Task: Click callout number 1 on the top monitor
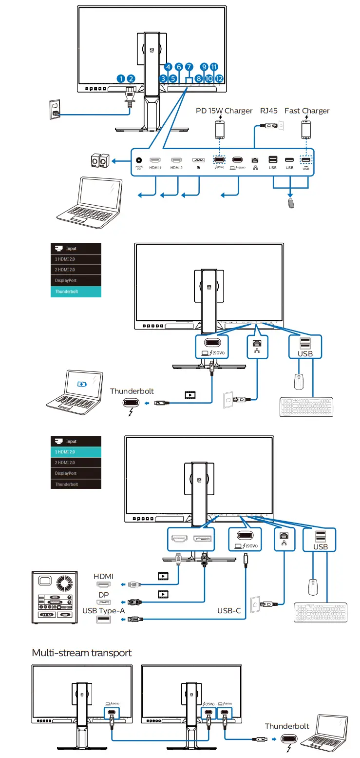coord(121,78)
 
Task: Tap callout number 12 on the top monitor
coord(219,78)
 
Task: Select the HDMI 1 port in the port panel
coord(155,160)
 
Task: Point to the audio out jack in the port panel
coord(140,160)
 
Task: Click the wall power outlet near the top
coord(55,110)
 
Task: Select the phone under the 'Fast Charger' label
coord(306,130)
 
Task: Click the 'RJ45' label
coord(268,111)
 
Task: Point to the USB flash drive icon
coord(291,203)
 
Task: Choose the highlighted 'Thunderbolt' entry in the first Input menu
coord(76,292)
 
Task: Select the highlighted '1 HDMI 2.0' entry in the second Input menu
coord(76,452)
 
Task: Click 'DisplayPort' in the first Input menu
coord(76,281)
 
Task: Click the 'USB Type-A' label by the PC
coord(104,611)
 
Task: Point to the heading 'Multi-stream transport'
coord(82,652)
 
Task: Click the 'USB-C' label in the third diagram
coord(229,610)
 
